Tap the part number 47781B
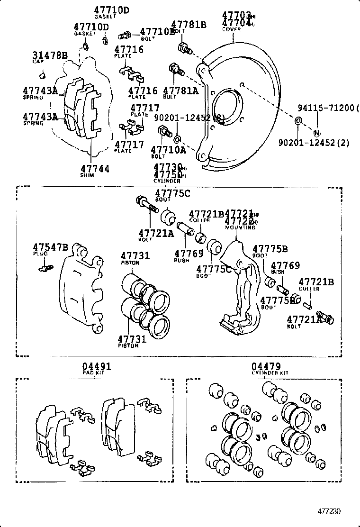189,25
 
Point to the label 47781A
180,91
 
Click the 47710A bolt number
168,150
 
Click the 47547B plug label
50,247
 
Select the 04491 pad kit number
96,366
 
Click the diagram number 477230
329,512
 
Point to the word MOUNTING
240,227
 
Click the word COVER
232,29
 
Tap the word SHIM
87,175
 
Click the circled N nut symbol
317,133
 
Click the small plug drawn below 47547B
44,269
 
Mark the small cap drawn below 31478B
43,74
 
